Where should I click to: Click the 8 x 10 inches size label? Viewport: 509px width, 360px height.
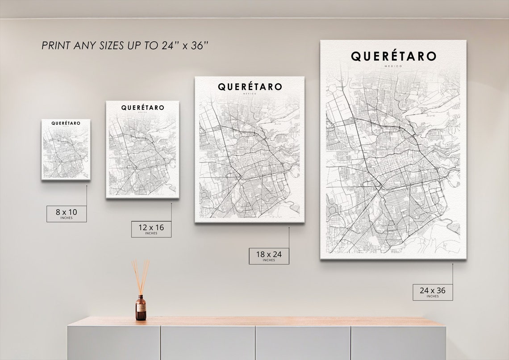pyautogui.click(x=67, y=213)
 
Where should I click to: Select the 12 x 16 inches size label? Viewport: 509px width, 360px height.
pyautogui.click(x=151, y=229)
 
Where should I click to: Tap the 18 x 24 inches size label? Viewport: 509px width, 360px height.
pyautogui.click(x=269, y=255)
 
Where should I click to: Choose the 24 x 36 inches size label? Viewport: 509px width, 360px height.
pyautogui.click(x=432, y=292)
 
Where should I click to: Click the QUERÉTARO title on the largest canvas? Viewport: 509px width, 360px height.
pyautogui.click(x=393, y=56)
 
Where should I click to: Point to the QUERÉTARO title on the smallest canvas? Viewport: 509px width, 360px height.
pyautogui.click(x=66, y=123)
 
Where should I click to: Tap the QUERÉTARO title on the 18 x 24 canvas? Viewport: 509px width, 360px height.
pyautogui.click(x=250, y=87)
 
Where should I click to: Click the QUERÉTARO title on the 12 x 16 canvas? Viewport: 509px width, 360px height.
pyautogui.click(x=142, y=108)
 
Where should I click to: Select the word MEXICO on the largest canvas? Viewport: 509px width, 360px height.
pyautogui.click(x=393, y=66)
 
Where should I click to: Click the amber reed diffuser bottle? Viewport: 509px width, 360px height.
pyautogui.click(x=141, y=308)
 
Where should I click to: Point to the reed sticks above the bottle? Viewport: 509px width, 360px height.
pyautogui.click(x=141, y=277)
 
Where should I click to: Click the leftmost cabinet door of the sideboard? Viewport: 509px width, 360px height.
pyautogui.click(x=114, y=343)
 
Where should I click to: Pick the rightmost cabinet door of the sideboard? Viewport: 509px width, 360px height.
pyautogui.click(x=398, y=343)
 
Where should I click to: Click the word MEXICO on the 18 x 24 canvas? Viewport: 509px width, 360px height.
pyautogui.click(x=250, y=94)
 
